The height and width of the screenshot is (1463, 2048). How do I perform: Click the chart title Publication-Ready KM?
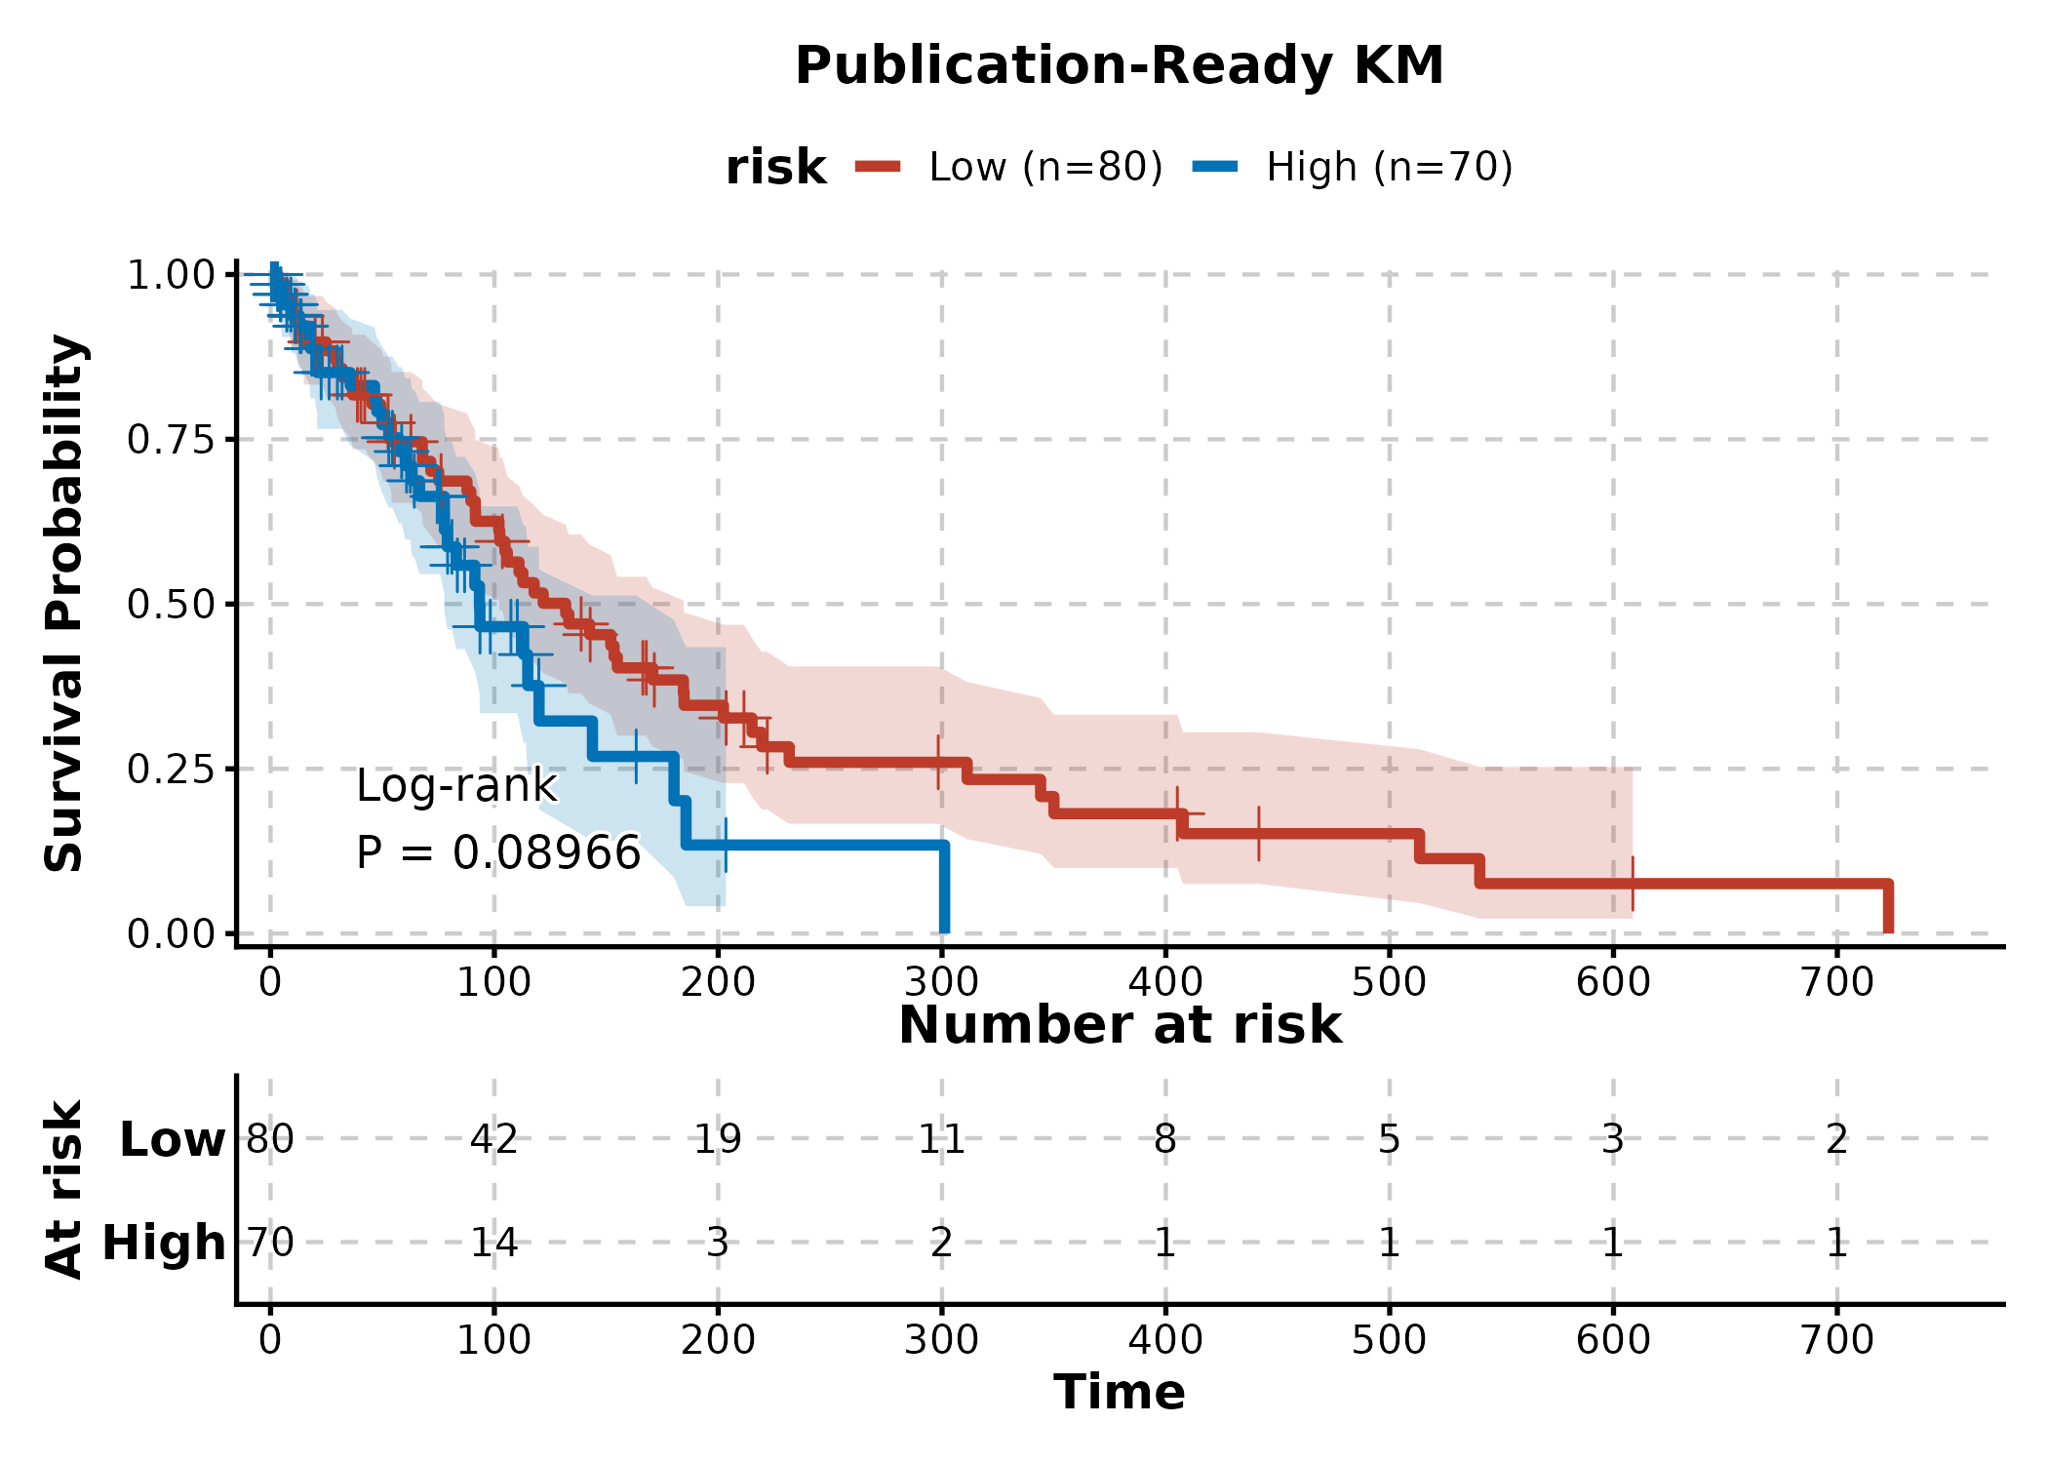click(1119, 66)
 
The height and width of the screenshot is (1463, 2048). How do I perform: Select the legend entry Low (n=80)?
click(1045, 167)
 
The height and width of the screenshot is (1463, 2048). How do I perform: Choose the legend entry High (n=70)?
click(1389, 167)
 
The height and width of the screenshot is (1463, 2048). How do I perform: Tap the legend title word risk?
click(775, 168)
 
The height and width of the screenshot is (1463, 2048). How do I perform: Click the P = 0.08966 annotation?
click(498, 852)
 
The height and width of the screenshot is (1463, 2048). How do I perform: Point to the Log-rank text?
click(456, 785)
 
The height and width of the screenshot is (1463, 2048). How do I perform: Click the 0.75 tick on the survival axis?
click(171, 440)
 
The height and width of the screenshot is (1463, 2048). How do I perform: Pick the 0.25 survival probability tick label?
click(171, 770)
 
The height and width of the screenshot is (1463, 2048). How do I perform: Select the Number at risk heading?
click(1120, 1025)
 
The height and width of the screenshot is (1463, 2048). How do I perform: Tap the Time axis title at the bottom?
click(1119, 1392)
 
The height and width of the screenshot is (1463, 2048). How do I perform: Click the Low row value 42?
click(493, 1138)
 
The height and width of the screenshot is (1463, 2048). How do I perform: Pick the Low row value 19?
click(718, 1138)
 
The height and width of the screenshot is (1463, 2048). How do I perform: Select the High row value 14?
click(493, 1243)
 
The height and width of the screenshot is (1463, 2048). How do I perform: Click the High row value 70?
click(270, 1243)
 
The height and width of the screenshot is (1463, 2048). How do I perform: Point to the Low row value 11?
click(941, 1138)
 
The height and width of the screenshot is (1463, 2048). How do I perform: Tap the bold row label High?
click(164, 1243)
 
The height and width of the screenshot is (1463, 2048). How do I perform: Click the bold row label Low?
click(173, 1138)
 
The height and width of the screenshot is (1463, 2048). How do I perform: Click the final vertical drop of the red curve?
click(1888, 908)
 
